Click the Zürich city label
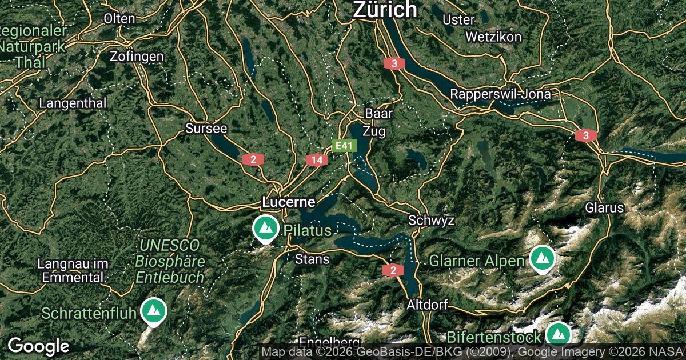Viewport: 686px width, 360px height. (385, 10)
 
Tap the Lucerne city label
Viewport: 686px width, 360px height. (288, 202)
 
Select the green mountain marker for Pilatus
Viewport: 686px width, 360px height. (265, 228)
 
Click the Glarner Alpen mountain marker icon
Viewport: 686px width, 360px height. (541, 258)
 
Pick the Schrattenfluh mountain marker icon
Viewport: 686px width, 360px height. (153, 311)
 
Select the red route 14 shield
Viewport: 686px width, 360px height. (317, 160)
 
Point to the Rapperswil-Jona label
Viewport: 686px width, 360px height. (500, 94)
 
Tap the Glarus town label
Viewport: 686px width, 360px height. (604, 207)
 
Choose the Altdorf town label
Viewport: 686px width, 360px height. (426, 305)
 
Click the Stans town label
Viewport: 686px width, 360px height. (312, 259)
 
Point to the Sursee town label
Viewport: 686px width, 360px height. (206, 129)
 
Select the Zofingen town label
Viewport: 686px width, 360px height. (137, 57)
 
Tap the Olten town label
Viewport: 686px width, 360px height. (119, 18)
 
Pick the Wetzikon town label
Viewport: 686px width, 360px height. (493, 37)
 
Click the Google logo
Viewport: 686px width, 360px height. (38, 346)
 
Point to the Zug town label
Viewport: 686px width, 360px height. (374, 131)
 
